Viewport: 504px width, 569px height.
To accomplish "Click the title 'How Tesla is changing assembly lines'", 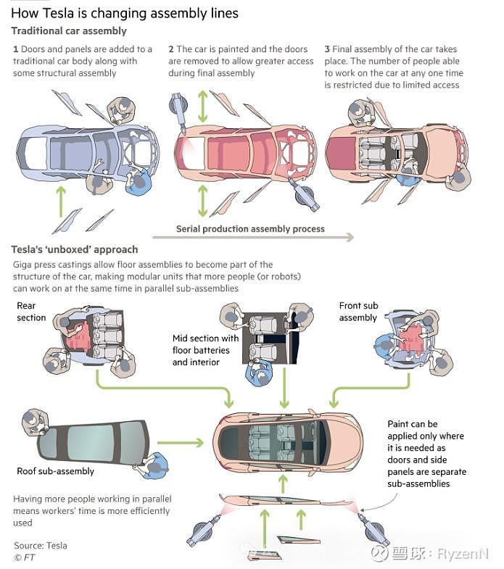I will coord(124,13).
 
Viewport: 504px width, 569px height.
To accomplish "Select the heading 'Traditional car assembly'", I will coord(69,31).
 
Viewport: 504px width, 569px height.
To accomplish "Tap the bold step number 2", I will coord(171,49).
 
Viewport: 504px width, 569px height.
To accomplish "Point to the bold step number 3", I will coord(327,49).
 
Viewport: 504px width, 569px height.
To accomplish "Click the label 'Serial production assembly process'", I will coord(250,229).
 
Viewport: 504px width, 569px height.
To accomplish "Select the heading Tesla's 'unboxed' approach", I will coord(74,250).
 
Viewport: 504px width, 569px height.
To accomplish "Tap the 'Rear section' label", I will coord(31,312).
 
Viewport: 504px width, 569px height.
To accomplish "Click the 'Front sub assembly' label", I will coord(358,312).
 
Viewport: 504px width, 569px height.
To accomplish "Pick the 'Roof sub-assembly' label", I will coord(55,471).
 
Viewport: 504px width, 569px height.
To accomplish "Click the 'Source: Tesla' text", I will coord(41,545).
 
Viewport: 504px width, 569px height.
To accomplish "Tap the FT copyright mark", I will coord(24,557).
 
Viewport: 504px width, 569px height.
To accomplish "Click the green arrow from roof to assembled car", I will coord(181,441).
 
